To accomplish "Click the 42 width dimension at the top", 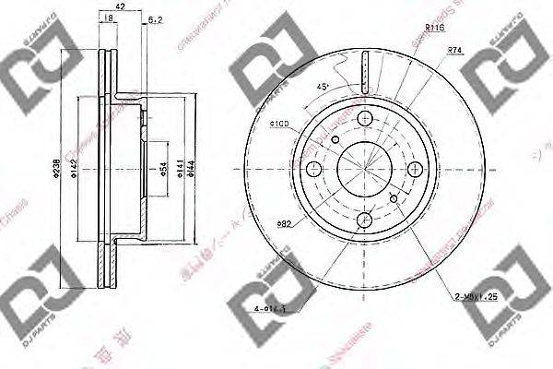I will pyautogui.click(x=120, y=6).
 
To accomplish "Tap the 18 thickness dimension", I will pyautogui.click(x=110, y=18).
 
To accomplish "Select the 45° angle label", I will pyautogui.click(x=323, y=89).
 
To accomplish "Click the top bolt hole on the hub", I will pyautogui.click(x=366, y=118).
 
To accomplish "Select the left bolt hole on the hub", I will pyautogui.click(x=315, y=169).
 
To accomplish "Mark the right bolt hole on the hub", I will pyautogui.click(x=417, y=169).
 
